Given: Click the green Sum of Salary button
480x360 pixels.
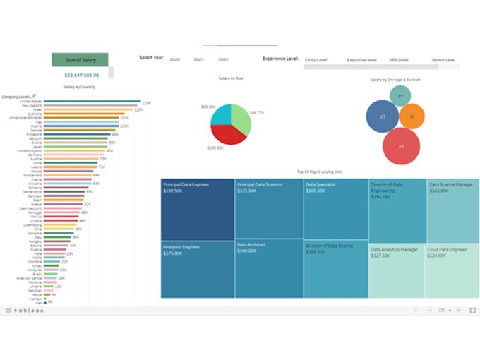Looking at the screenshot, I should (80, 60).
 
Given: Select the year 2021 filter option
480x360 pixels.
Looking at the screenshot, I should (199, 60).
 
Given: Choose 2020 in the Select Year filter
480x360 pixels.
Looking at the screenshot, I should (175, 60).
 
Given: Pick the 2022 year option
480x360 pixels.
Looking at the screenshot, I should (223, 60).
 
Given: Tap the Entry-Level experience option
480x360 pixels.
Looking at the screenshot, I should (318, 60).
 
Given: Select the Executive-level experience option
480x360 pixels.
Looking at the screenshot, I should (361, 60).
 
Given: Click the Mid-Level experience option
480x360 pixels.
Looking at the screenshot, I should (399, 60).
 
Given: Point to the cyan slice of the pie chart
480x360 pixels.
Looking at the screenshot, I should (221, 114).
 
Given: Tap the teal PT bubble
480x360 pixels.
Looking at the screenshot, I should (401, 95).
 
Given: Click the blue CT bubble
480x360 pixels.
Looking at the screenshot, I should (383, 116).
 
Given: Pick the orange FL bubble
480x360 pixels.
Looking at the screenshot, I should (412, 116).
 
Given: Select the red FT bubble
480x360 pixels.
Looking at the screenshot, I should (402, 146).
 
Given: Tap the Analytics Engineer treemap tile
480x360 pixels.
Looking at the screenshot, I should (198, 269).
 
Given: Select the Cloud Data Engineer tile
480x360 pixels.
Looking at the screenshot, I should (452, 270).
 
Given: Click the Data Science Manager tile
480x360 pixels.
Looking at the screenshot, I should (452, 210).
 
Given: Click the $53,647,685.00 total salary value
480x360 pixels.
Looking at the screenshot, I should (81, 74).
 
